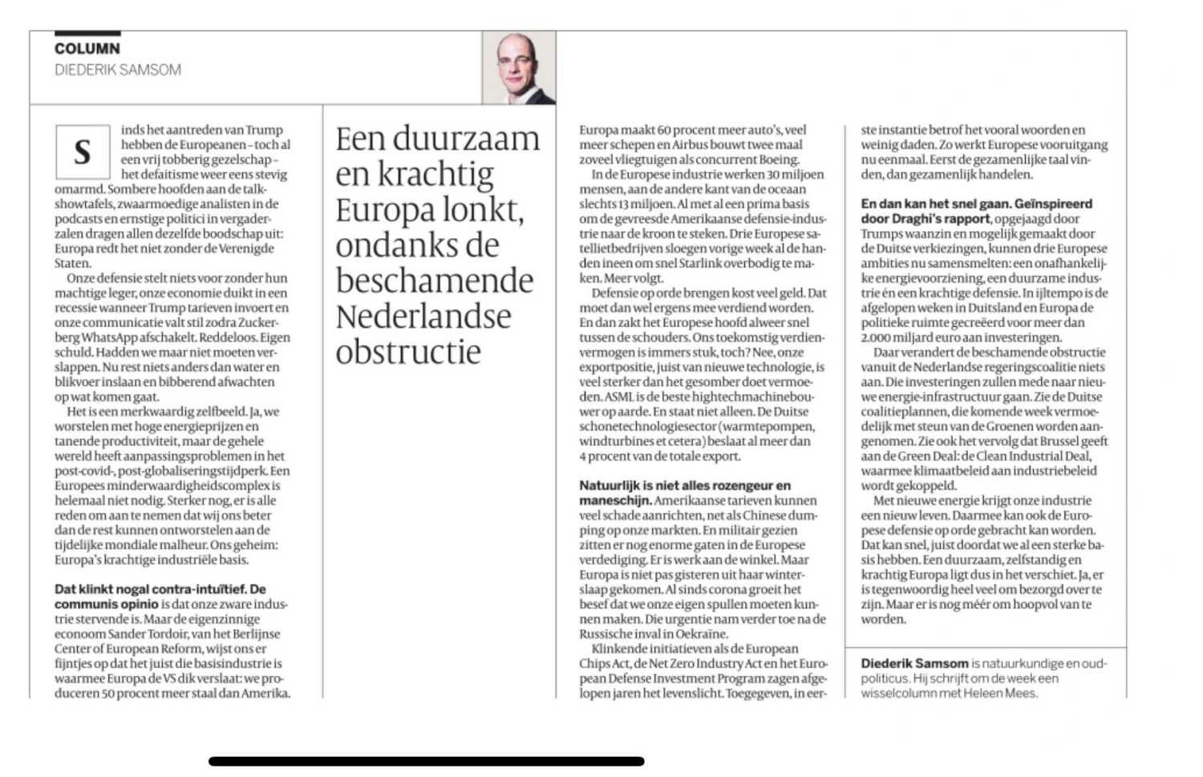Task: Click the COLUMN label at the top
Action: (87, 49)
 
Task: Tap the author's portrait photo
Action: (518, 68)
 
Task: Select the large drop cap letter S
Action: (82, 152)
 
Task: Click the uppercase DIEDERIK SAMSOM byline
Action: (118, 71)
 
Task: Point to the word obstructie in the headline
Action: (407, 352)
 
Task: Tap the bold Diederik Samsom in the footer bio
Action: (914, 664)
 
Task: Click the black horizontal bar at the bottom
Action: (426, 761)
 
